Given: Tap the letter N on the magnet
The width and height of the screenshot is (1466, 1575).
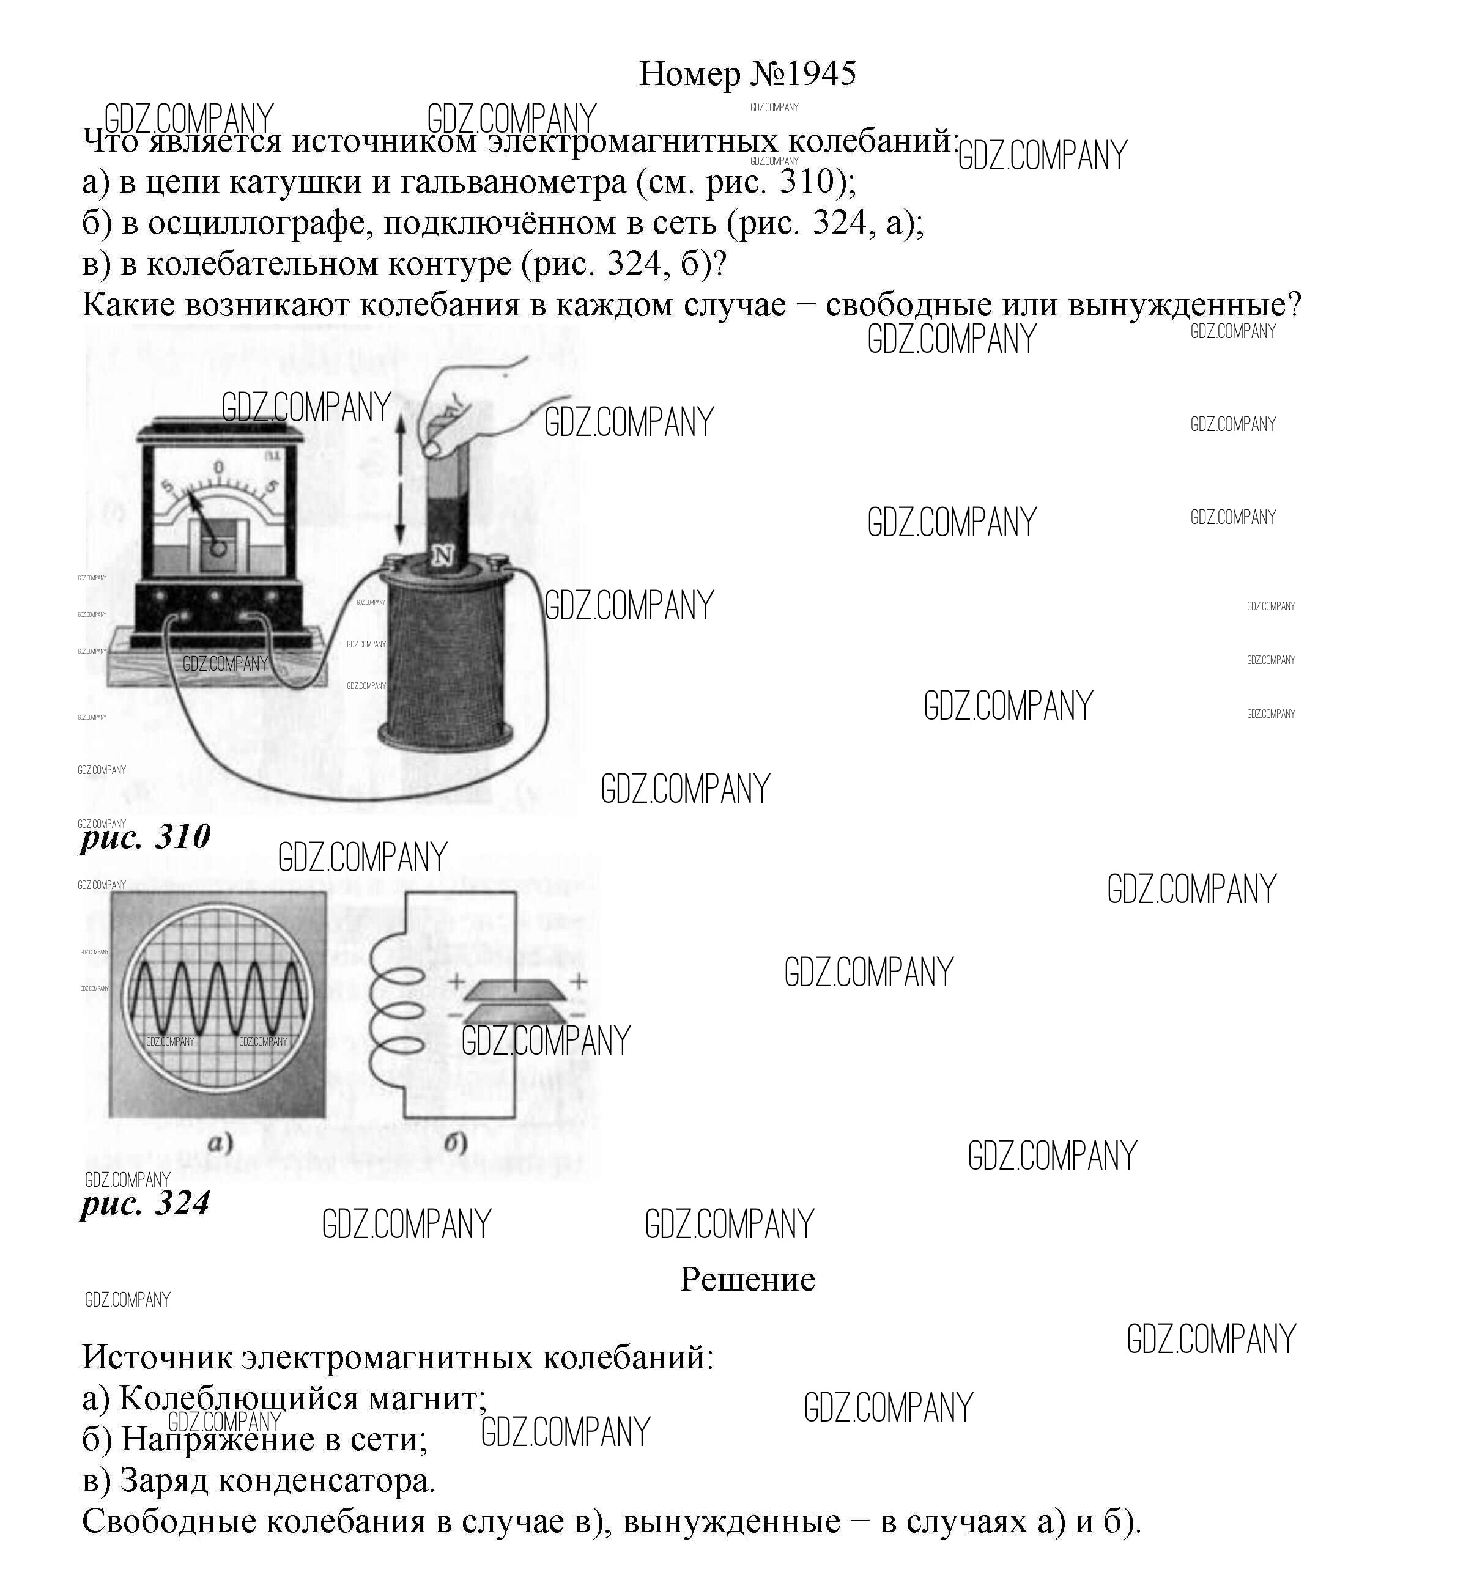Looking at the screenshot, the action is pos(442,556).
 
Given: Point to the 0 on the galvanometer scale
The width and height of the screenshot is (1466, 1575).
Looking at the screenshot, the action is pos(219,468).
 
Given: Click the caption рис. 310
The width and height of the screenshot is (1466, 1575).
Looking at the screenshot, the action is pos(146,836).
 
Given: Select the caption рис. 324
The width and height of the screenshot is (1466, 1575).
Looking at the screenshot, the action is pos(145,1203).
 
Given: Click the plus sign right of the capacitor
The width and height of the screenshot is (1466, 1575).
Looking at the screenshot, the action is pos(579,981).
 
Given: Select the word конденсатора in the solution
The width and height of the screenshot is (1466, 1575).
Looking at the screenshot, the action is pos(326,1480).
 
